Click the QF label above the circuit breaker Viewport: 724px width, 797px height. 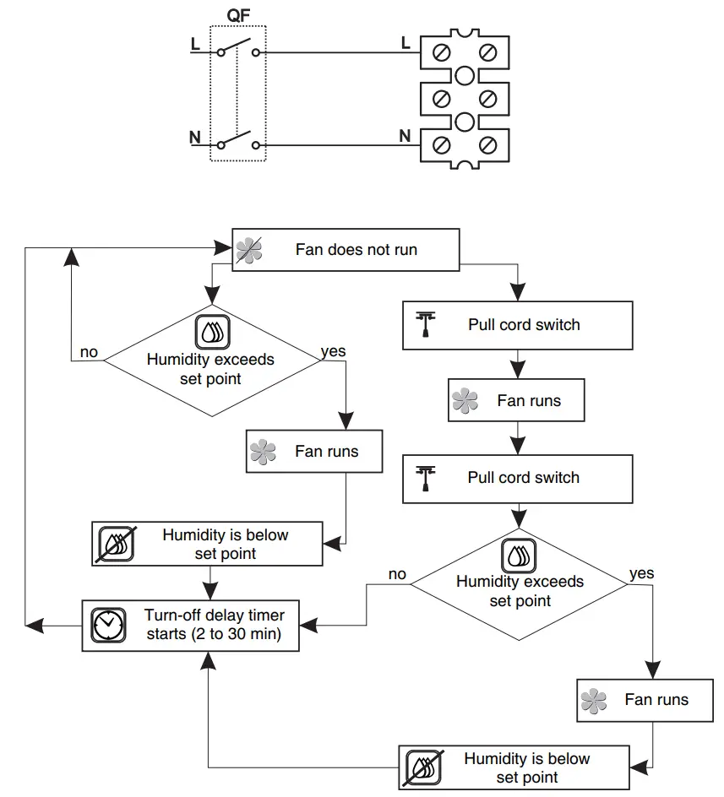(x=238, y=14)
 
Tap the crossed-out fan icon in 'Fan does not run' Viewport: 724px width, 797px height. (x=249, y=249)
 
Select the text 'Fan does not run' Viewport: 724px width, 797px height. (x=356, y=249)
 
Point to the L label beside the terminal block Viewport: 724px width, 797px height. (x=406, y=41)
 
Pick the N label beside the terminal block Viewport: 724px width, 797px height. (x=405, y=136)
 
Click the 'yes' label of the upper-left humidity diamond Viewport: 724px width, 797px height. (x=334, y=351)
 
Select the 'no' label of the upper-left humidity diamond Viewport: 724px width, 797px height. (x=89, y=351)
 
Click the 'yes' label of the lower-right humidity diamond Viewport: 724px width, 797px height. (x=641, y=573)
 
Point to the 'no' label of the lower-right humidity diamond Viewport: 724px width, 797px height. (x=397, y=574)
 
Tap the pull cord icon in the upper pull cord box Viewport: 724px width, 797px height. (x=425, y=324)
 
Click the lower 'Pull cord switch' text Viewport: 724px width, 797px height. (x=524, y=477)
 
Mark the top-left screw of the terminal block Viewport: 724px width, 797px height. (x=440, y=53)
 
